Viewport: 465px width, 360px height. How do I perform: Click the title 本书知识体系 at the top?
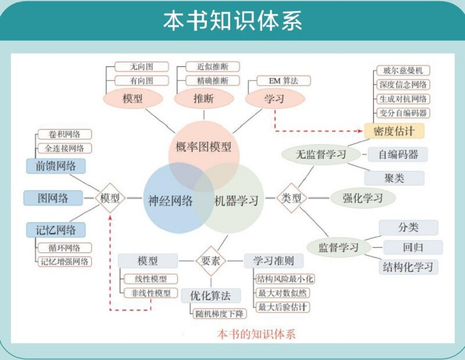click(233, 20)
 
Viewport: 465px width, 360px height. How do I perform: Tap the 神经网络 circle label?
click(170, 201)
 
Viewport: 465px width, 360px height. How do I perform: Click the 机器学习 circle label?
click(236, 201)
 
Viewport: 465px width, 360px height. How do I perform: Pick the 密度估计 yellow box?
click(394, 130)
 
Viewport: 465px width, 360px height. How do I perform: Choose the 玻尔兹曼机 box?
click(403, 70)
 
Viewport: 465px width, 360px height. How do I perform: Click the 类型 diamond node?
click(291, 198)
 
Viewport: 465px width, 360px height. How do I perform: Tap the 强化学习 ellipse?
click(363, 198)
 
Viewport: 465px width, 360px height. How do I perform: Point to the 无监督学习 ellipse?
click(320, 154)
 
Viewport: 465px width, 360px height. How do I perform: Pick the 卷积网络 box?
click(64, 134)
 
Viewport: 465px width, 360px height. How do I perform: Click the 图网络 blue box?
click(53, 198)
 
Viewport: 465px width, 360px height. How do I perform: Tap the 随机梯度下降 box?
click(220, 313)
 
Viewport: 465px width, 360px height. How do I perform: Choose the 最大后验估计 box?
click(283, 307)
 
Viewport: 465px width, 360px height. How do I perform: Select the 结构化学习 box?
click(408, 267)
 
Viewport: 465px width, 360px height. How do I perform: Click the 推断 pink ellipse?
click(203, 99)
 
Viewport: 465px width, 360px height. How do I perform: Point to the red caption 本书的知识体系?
click(256, 334)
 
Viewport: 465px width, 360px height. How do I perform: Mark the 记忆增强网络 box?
click(65, 261)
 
